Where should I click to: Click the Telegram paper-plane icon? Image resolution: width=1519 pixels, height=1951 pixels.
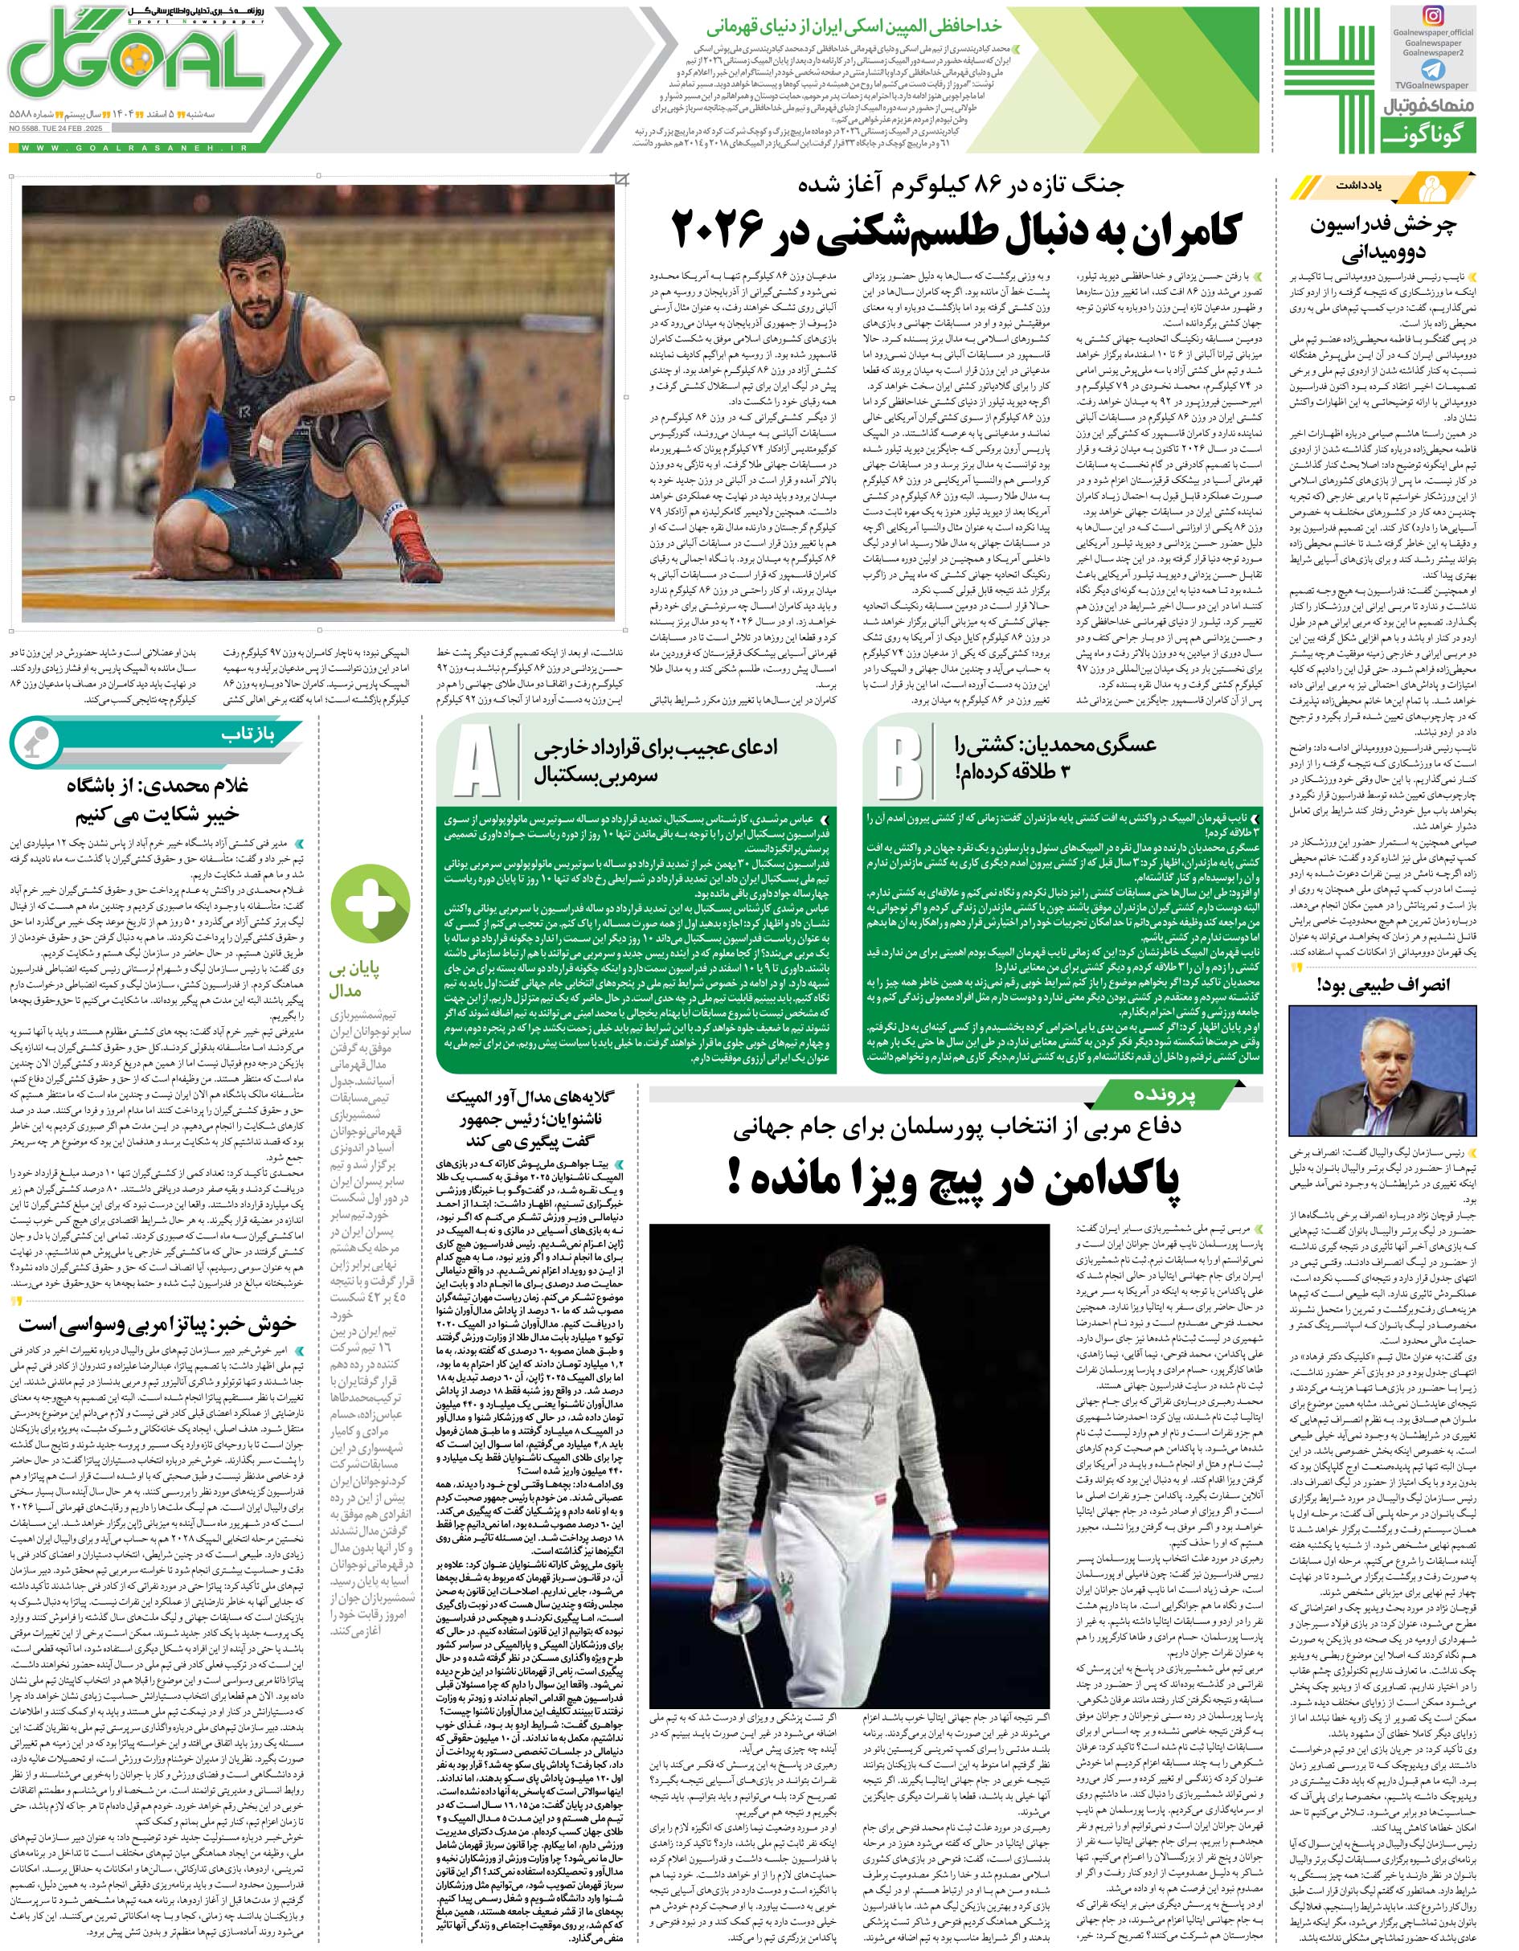[x=1432, y=69]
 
